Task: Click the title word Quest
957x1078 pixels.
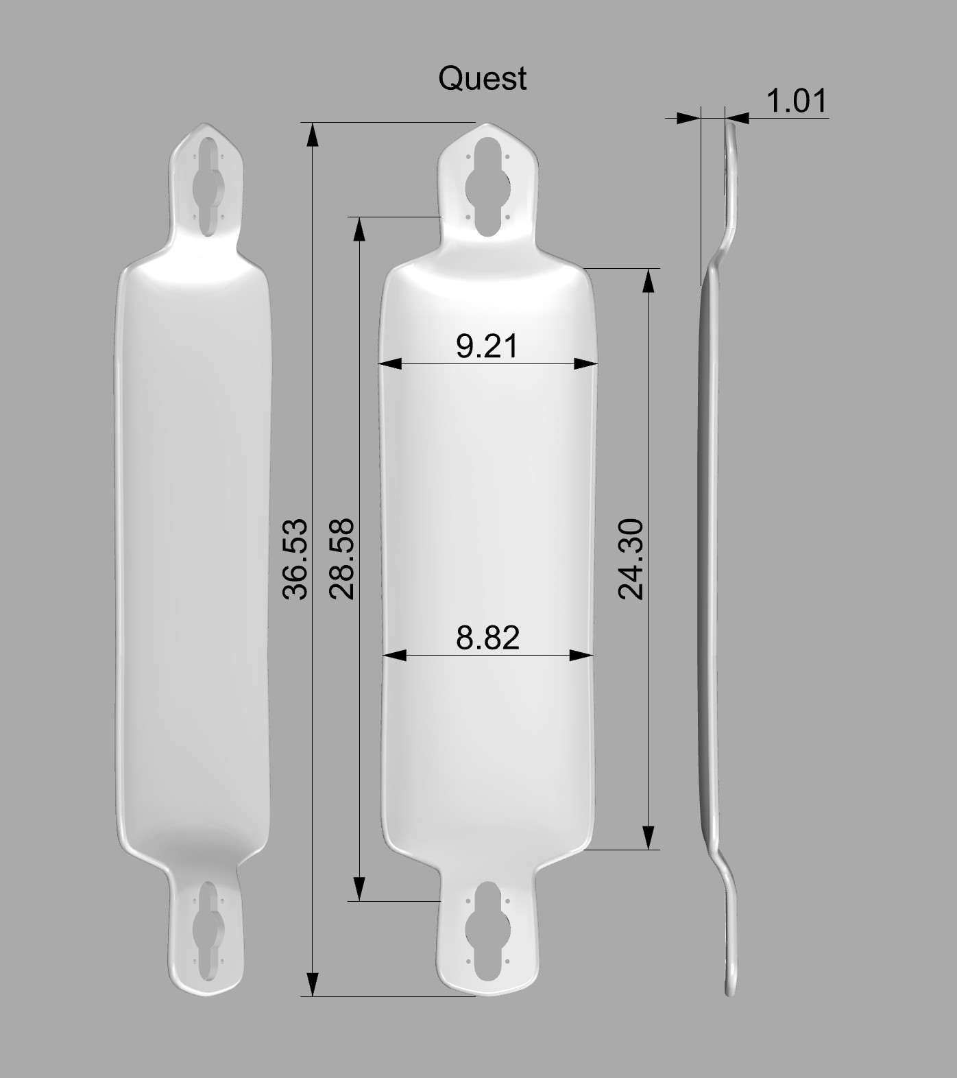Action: [x=482, y=78]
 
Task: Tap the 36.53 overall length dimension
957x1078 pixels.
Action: [x=295, y=559]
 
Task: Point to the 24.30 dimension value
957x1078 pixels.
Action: [x=631, y=559]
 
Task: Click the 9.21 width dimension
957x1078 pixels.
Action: [x=487, y=346]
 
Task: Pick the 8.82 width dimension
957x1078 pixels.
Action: [x=487, y=638]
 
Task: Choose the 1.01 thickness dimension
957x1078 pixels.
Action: [x=796, y=101]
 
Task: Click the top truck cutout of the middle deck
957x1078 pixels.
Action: [x=487, y=187]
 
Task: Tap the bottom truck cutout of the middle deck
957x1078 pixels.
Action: [x=487, y=931]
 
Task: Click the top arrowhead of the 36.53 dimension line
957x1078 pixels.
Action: [x=313, y=134]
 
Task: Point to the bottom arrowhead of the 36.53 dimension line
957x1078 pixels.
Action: [x=313, y=985]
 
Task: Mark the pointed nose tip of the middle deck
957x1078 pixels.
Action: [x=487, y=125]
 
